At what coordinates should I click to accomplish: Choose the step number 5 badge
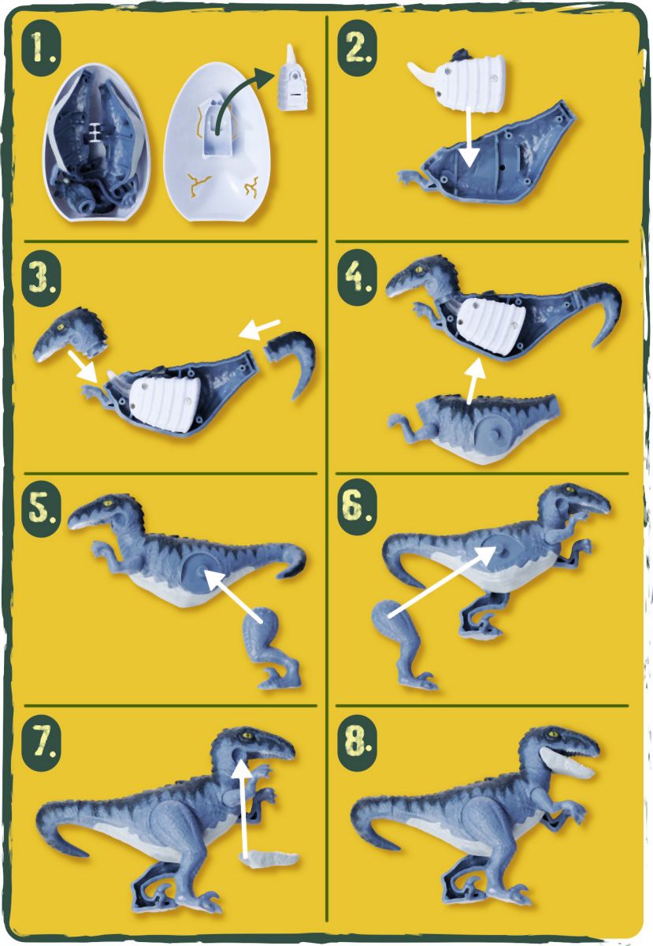pyautogui.click(x=41, y=510)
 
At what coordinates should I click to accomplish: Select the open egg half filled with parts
pyautogui.click(x=97, y=143)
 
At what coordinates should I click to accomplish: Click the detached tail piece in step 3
pyautogui.click(x=291, y=360)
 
